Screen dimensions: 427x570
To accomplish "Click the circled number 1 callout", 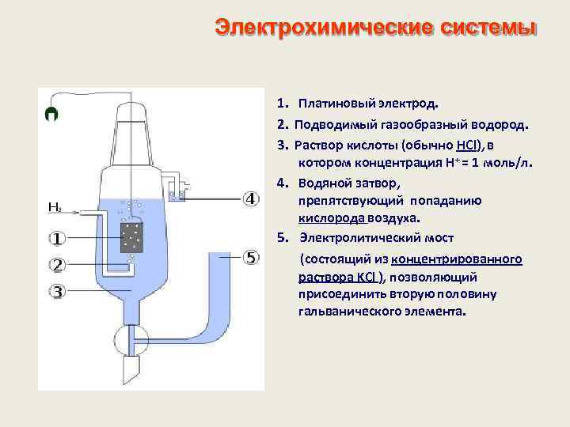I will tap(58, 238).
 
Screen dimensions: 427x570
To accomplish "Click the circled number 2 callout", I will tap(58, 264).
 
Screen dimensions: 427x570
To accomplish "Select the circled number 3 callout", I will tap(58, 292).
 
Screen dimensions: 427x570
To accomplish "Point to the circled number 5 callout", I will tap(250, 258).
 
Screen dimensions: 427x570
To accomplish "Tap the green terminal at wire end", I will tap(51, 114).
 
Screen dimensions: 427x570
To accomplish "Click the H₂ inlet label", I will tap(55, 208).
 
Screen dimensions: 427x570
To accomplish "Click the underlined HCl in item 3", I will tap(467, 145).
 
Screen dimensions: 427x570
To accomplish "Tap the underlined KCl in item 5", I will tap(363, 278).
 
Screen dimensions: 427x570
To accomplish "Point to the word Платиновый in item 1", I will tap(332, 103).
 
